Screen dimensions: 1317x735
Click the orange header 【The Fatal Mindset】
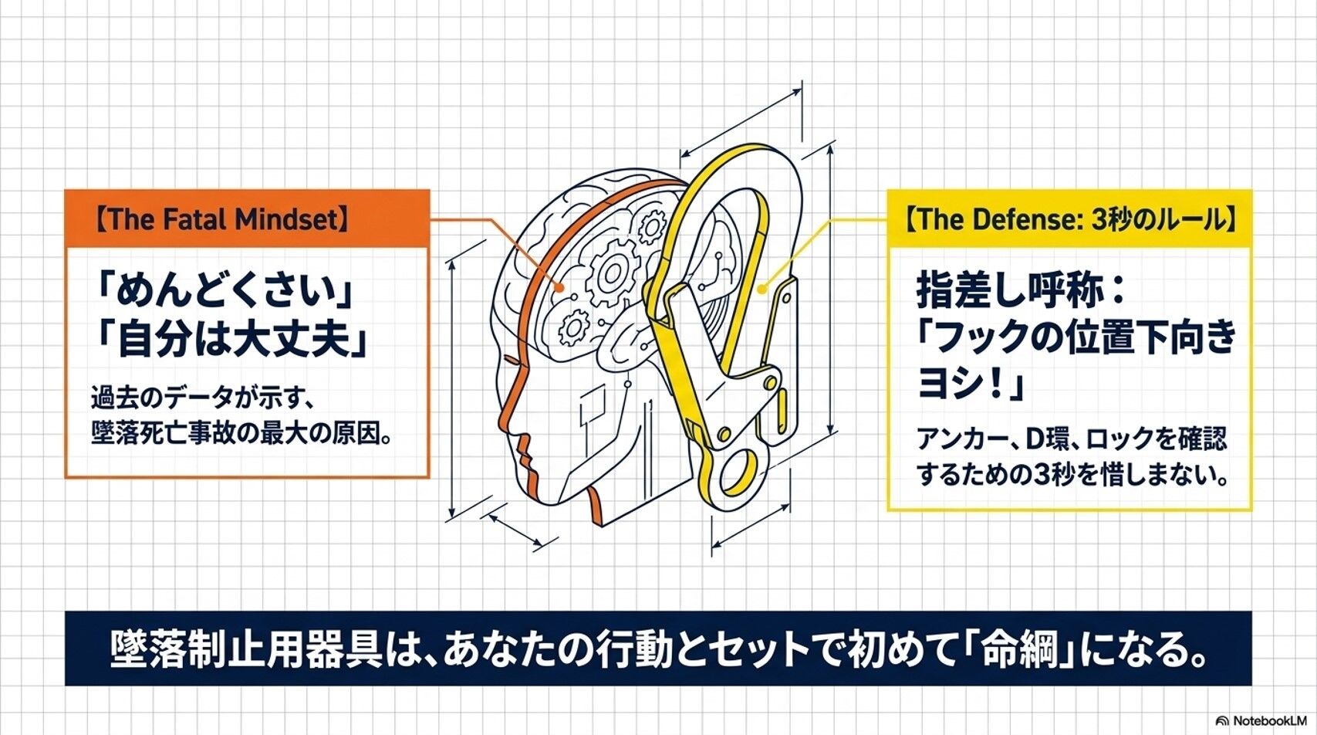(x=221, y=219)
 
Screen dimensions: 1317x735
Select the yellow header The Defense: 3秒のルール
(x=1069, y=219)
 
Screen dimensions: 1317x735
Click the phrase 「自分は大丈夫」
(x=231, y=340)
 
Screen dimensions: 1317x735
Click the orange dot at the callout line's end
(x=559, y=287)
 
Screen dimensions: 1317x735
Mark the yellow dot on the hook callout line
(x=762, y=289)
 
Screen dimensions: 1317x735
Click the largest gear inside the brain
(x=613, y=272)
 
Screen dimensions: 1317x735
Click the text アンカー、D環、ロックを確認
(x=1072, y=439)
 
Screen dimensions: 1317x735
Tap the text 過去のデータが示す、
(x=203, y=397)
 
